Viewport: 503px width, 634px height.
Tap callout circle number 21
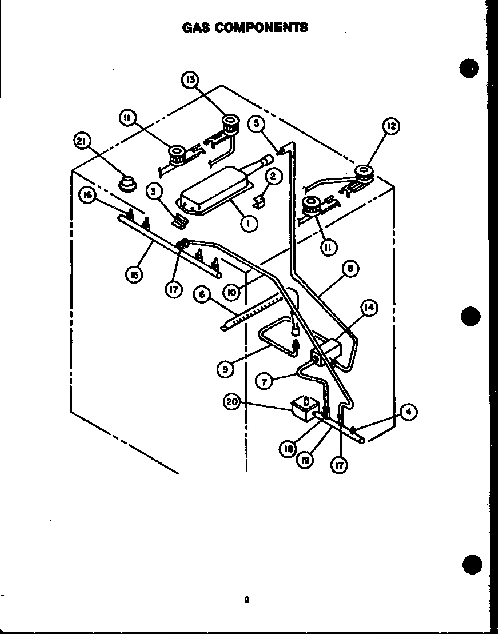tap(83, 141)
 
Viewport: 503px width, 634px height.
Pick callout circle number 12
tap(391, 126)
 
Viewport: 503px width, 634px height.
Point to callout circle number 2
tap(273, 177)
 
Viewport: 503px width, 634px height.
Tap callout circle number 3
tap(153, 191)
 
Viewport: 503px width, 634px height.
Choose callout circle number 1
tap(249, 224)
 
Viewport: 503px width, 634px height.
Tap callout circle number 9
tap(225, 369)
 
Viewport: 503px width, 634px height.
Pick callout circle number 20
tap(231, 402)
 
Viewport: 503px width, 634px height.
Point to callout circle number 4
tap(408, 412)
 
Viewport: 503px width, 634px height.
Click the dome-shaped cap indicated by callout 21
tap(128, 184)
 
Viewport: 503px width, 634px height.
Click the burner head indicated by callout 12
tap(362, 172)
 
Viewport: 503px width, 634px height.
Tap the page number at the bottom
tap(246, 600)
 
